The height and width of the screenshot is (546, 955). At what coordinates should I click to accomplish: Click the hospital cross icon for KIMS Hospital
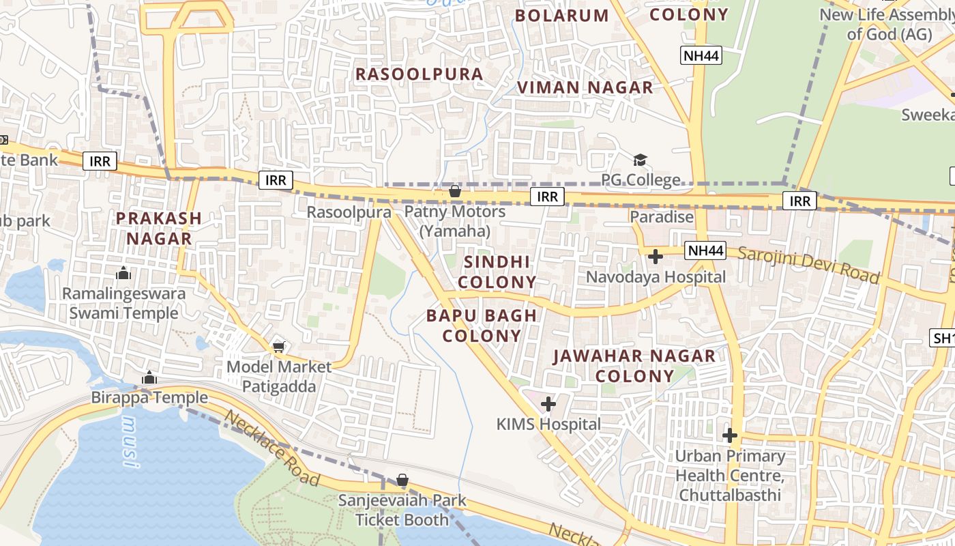[548, 404]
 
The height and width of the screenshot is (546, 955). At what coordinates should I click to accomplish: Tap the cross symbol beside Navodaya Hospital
[656, 257]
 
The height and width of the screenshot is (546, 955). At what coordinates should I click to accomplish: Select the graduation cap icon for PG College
[639, 160]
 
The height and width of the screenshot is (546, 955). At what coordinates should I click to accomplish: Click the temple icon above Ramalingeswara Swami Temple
[123, 273]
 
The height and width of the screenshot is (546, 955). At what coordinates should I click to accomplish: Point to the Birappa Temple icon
[149, 377]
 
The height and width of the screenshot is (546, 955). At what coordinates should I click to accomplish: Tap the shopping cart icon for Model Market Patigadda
[278, 347]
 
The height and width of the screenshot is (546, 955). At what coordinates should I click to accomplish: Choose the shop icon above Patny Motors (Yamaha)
[454, 192]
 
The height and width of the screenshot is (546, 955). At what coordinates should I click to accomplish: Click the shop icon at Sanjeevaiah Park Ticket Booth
[402, 480]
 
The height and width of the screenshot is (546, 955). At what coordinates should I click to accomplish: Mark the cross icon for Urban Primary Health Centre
[730, 435]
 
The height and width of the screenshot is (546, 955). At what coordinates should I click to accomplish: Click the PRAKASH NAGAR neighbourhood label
[158, 229]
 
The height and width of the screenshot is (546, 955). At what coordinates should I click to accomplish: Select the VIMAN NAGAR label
[585, 87]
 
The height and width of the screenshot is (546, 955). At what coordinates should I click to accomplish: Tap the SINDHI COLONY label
[497, 272]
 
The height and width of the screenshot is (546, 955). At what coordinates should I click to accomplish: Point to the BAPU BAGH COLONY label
[482, 326]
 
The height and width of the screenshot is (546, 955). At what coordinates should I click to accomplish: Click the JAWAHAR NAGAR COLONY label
[634, 366]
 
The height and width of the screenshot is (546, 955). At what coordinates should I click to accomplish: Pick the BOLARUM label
[561, 16]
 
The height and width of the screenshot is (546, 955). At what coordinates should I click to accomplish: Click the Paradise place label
[661, 217]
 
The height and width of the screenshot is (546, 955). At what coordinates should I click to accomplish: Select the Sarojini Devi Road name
[808, 265]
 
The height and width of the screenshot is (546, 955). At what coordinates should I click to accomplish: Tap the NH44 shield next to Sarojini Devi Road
[705, 250]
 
